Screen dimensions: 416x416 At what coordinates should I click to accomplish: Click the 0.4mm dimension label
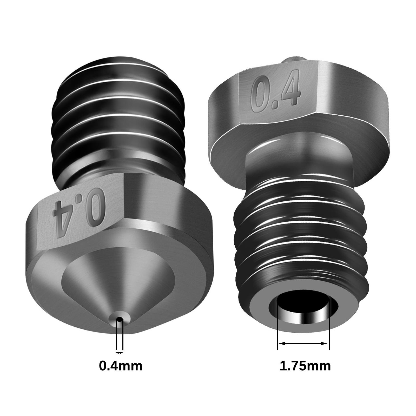(121, 366)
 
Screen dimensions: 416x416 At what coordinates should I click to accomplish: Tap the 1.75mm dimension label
(305, 366)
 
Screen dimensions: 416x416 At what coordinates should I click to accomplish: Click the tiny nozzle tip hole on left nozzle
(119, 319)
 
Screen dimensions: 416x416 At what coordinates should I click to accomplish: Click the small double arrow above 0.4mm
(119, 353)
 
